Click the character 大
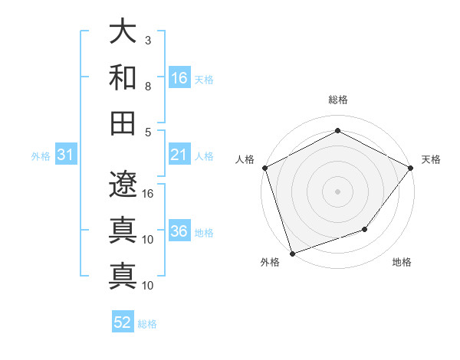pyautogui.click(x=123, y=32)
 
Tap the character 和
pyautogui.click(x=123, y=77)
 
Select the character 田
pyautogui.click(x=123, y=123)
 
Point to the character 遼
pyautogui.click(x=123, y=185)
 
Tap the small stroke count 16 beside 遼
pyautogui.click(x=149, y=193)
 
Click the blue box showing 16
pyautogui.click(x=179, y=78)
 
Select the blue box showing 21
pyautogui.click(x=179, y=155)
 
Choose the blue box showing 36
pyautogui.click(x=179, y=232)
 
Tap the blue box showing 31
pyautogui.click(x=66, y=155)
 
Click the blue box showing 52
pyautogui.click(x=123, y=322)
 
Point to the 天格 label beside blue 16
pyautogui.click(x=204, y=79)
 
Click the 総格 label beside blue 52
pyautogui.click(x=147, y=323)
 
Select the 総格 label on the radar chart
pyautogui.click(x=337, y=100)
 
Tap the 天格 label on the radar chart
pyautogui.click(x=431, y=159)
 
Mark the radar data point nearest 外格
pyautogui.click(x=292, y=254)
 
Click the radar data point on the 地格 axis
pyautogui.click(x=366, y=229)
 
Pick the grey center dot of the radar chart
pyautogui.click(x=337, y=191)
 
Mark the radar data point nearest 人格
pyautogui.click(x=264, y=167)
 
